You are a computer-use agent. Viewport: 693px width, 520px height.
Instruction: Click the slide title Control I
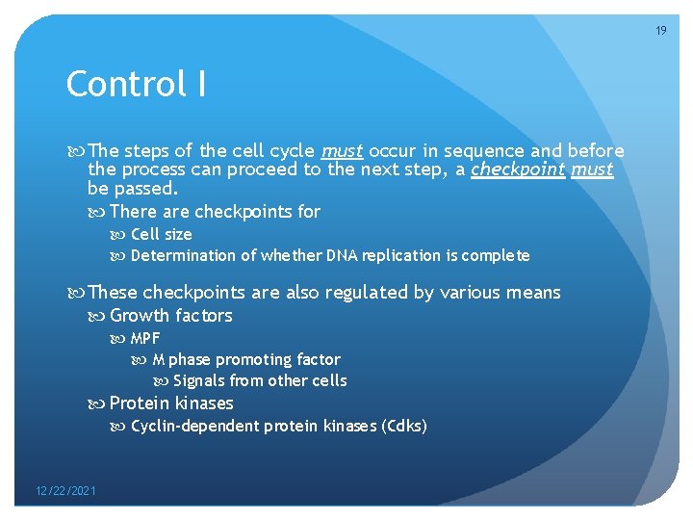(x=136, y=85)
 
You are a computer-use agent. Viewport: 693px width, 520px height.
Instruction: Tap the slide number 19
(x=660, y=31)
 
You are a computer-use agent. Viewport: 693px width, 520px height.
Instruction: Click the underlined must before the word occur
(x=342, y=151)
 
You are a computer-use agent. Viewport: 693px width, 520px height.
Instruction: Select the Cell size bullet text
(x=161, y=234)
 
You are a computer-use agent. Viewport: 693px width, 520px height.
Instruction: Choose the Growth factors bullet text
(x=170, y=316)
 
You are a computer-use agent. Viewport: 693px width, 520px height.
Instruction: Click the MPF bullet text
(x=145, y=338)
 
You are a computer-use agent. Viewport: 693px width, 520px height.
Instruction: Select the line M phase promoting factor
(x=246, y=359)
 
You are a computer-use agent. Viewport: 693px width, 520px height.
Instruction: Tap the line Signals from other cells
(x=260, y=380)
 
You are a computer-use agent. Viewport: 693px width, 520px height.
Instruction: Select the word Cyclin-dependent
(x=189, y=426)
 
